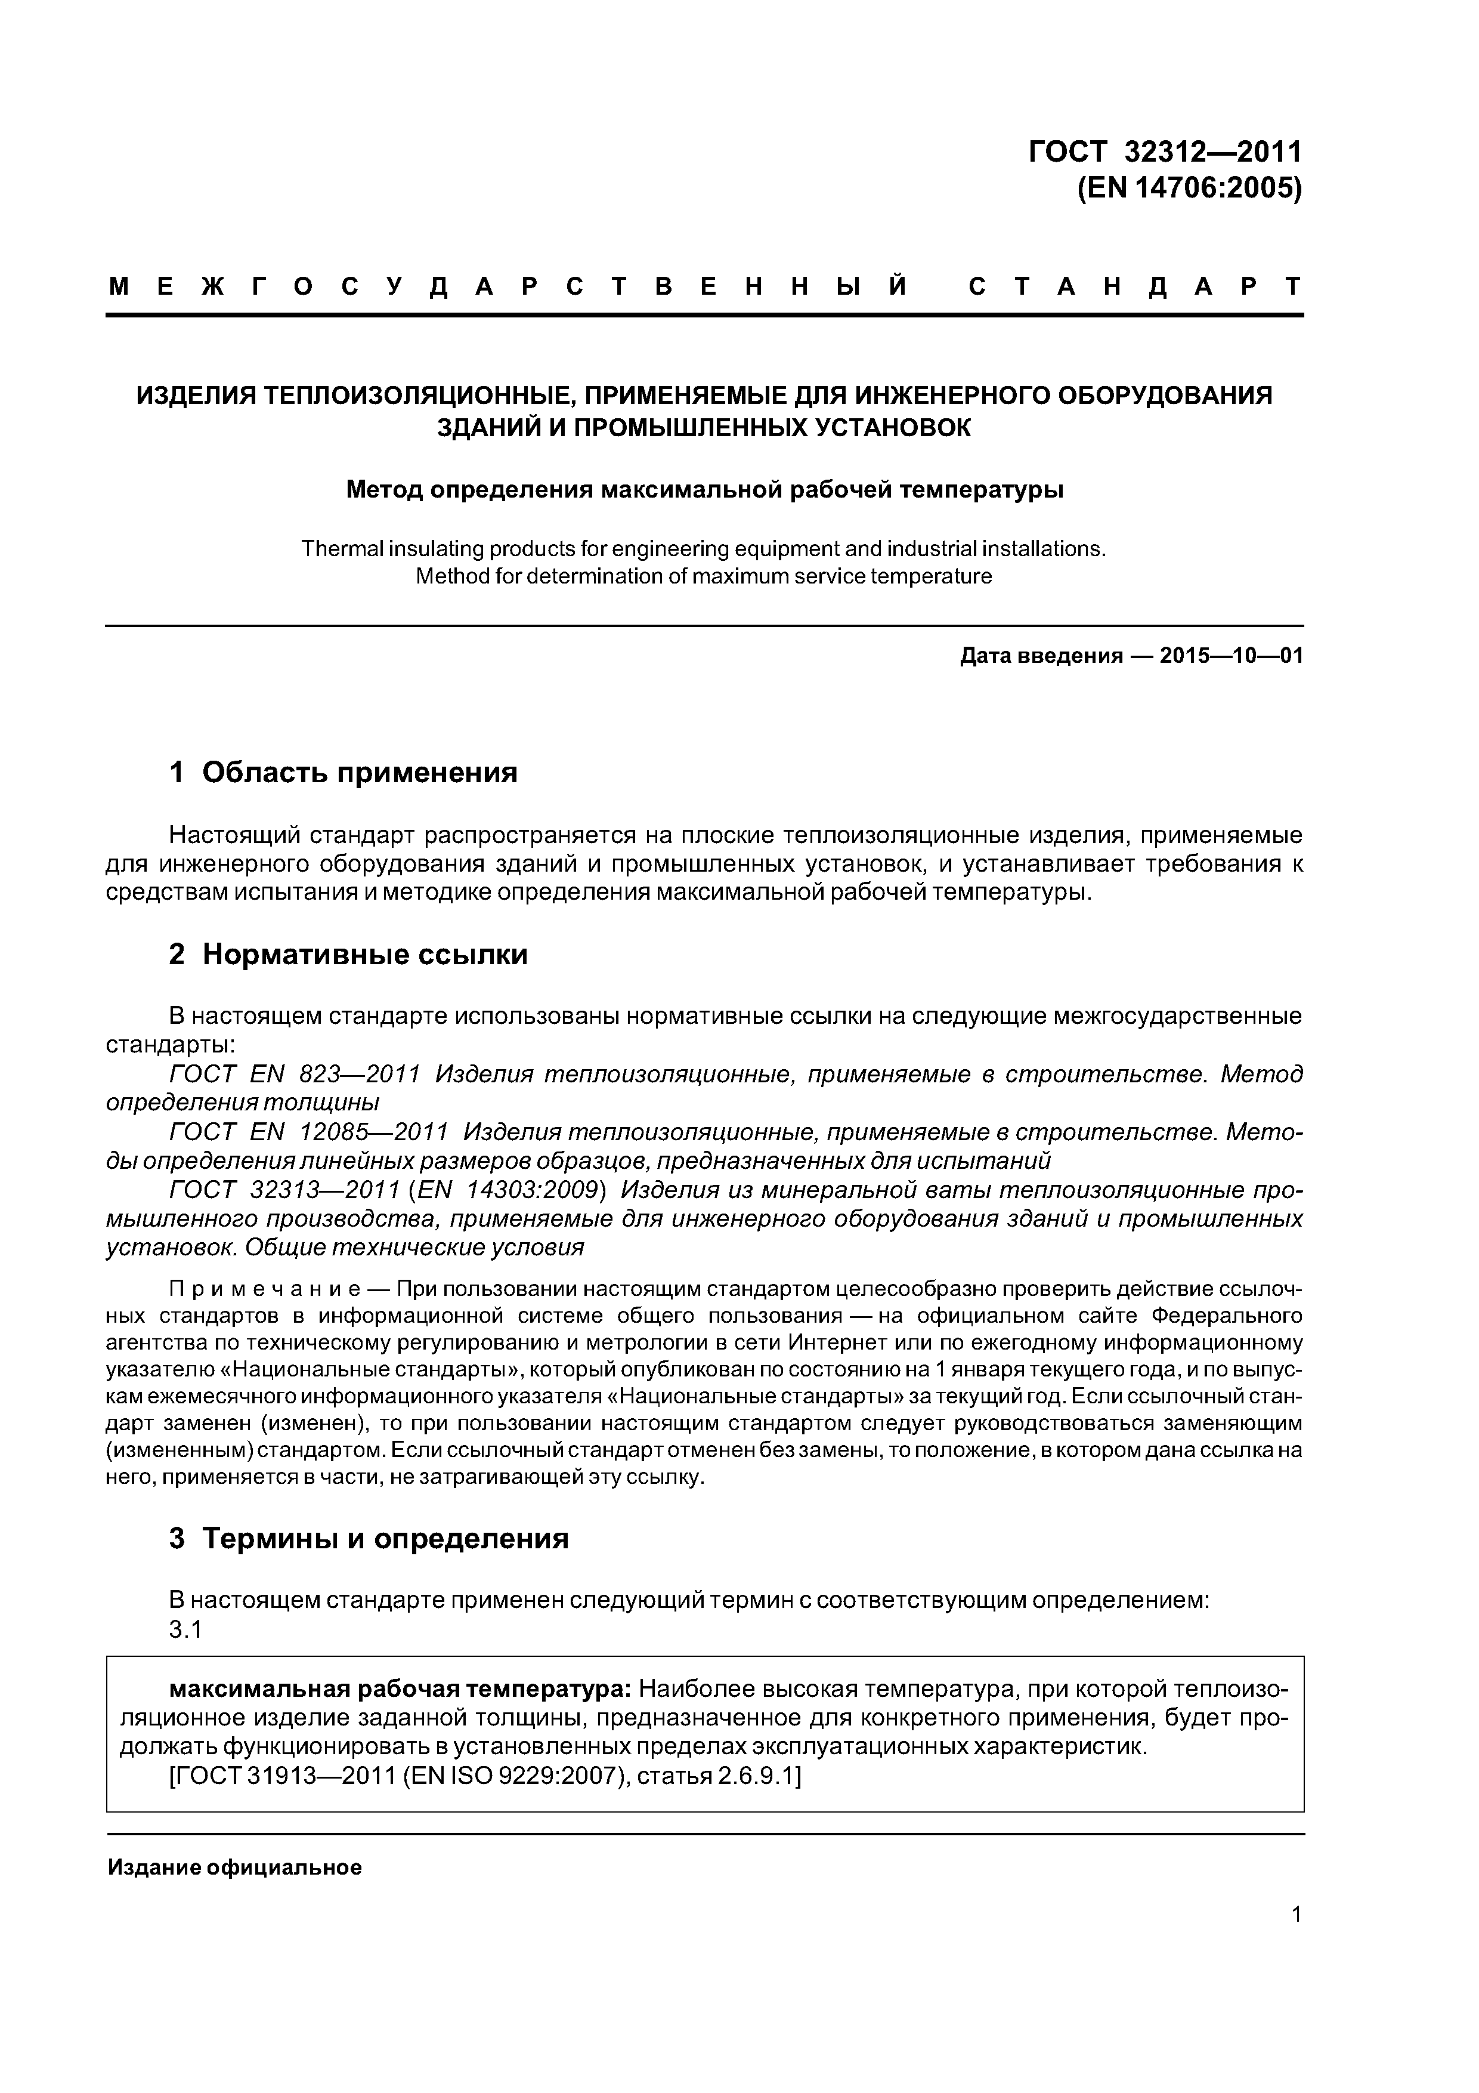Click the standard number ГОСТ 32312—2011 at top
tap(1165, 152)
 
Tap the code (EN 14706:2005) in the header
tap(1189, 189)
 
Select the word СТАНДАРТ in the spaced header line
tap(1134, 286)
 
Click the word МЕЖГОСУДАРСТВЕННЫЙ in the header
tap(508, 286)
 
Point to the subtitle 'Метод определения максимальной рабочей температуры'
tap(704, 490)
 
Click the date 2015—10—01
tap(1231, 656)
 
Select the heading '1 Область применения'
tap(344, 773)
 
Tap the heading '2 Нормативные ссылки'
tap(348, 955)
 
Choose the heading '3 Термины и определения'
tap(369, 1539)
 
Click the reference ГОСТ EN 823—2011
tap(295, 1075)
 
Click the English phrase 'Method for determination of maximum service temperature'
tap(704, 577)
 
